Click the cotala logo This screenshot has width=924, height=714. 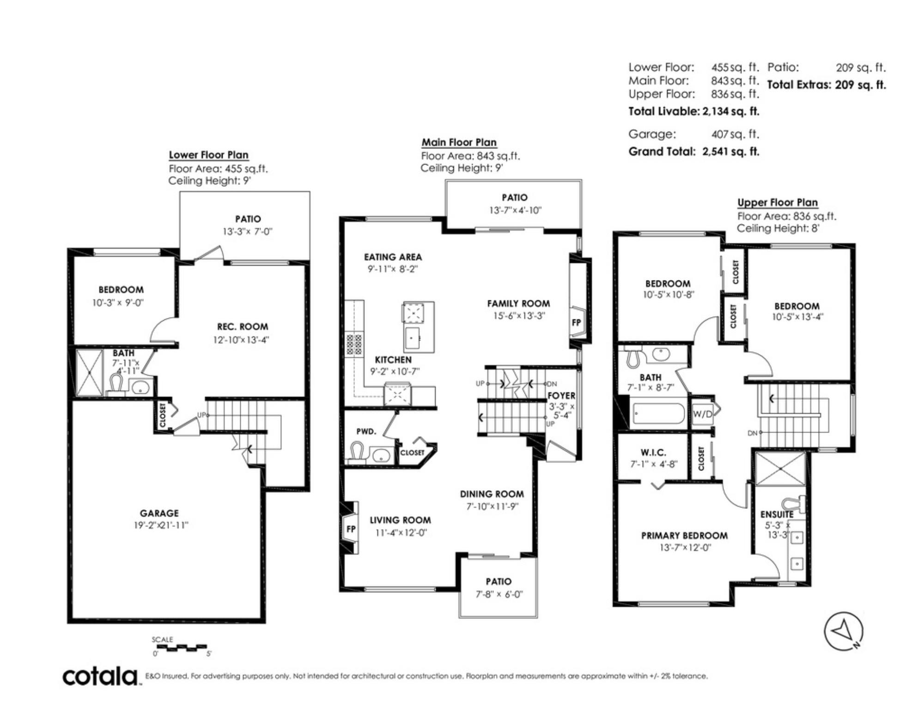pyautogui.click(x=101, y=677)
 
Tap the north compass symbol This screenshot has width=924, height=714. pyautogui.click(x=844, y=631)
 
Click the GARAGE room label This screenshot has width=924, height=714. pyautogui.click(x=159, y=513)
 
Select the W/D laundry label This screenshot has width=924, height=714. pyautogui.click(x=702, y=414)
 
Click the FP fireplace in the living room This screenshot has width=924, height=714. pyautogui.click(x=350, y=528)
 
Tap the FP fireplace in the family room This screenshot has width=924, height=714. pyautogui.click(x=576, y=322)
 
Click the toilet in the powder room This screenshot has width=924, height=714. pyautogui.click(x=357, y=452)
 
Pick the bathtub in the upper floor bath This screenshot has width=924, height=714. pyautogui.click(x=658, y=414)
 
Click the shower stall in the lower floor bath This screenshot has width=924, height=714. pyautogui.click(x=89, y=372)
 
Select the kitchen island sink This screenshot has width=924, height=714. pyautogui.click(x=412, y=338)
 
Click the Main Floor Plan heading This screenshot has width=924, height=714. pyautogui.click(x=459, y=142)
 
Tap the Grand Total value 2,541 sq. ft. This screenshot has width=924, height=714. pyautogui.click(x=731, y=152)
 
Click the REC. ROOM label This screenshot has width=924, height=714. pyautogui.click(x=243, y=327)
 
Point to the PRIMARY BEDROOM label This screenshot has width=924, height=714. pyautogui.click(x=684, y=536)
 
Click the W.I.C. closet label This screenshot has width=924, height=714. pyautogui.click(x=653, y=452)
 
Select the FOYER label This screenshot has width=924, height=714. pyautogui.click(x=561, y=396)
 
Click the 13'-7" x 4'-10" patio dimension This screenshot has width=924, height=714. pyautogui.click(x=515, y=210)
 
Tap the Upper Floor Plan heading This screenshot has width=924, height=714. pyautogui.click(x=778, y=202)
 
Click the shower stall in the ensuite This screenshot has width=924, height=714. pyautogui.click(x=780, y=469)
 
